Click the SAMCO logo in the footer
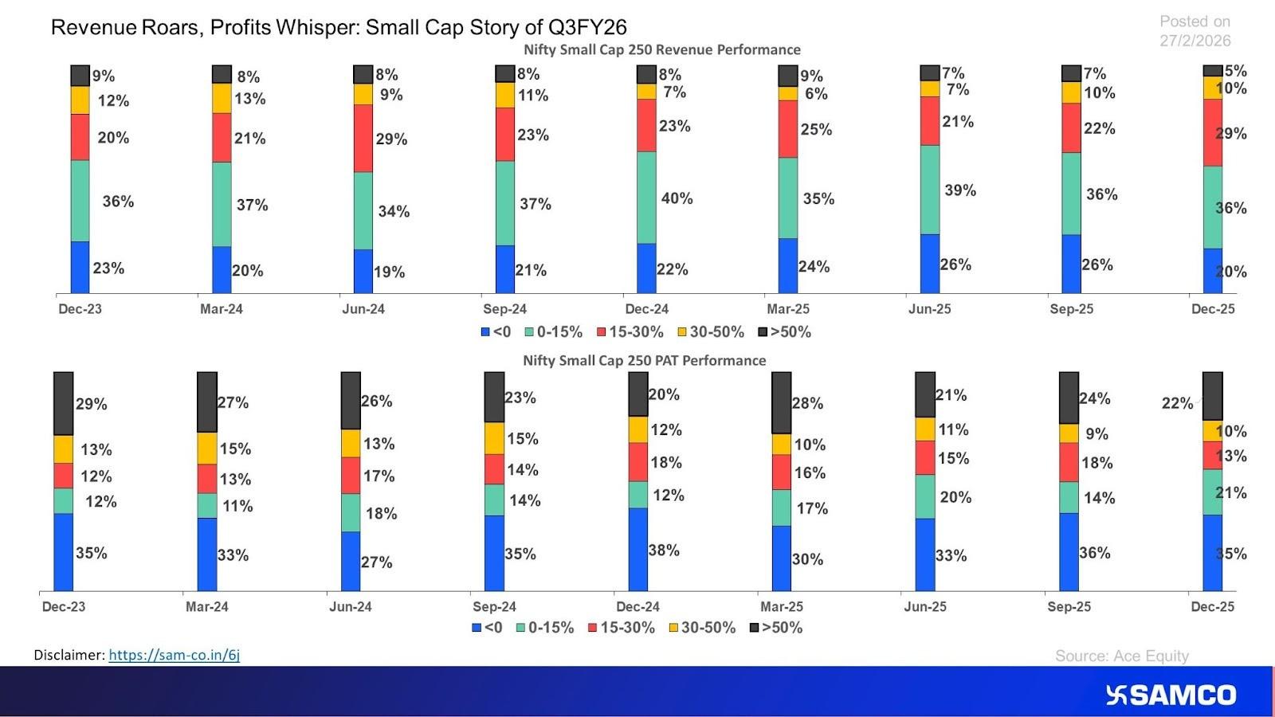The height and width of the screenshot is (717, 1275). [x=1171, y=695]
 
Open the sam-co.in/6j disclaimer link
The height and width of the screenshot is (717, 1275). [x=174, y=655]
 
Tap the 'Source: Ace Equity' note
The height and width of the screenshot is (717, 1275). [x=1121, y=656]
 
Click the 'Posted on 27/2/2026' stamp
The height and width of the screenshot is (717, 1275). [x=1194, y=31]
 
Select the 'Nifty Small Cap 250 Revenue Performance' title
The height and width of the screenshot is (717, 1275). [x=661, y=49]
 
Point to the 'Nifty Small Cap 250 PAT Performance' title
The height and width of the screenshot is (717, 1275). [x=644, y=360]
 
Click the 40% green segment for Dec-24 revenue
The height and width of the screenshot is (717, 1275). [x=646, y=198]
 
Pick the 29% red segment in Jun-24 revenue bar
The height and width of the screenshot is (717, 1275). [x=363, y=138]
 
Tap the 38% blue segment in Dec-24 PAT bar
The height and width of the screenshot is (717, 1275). [x=637, y=549]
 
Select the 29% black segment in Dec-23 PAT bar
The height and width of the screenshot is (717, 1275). [x=63, y=403]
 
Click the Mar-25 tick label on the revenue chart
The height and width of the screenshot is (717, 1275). [x=787, y=309]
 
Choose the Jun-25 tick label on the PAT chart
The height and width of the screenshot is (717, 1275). [x=924, y=606]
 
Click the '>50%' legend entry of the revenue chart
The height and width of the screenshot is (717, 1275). [x=784, y=332]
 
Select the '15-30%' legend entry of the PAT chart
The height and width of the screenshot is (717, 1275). [x=622, y=628]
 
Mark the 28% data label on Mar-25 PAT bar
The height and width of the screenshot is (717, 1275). [x=807, y=403]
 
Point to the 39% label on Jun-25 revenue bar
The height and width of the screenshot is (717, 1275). [x=959, y=190]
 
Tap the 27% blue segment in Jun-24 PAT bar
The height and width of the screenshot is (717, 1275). [x=351, y=561]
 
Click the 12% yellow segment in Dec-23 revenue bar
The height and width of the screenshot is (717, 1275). [x=80, y=100]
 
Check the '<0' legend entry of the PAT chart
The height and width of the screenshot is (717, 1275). [x=487, y=628]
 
